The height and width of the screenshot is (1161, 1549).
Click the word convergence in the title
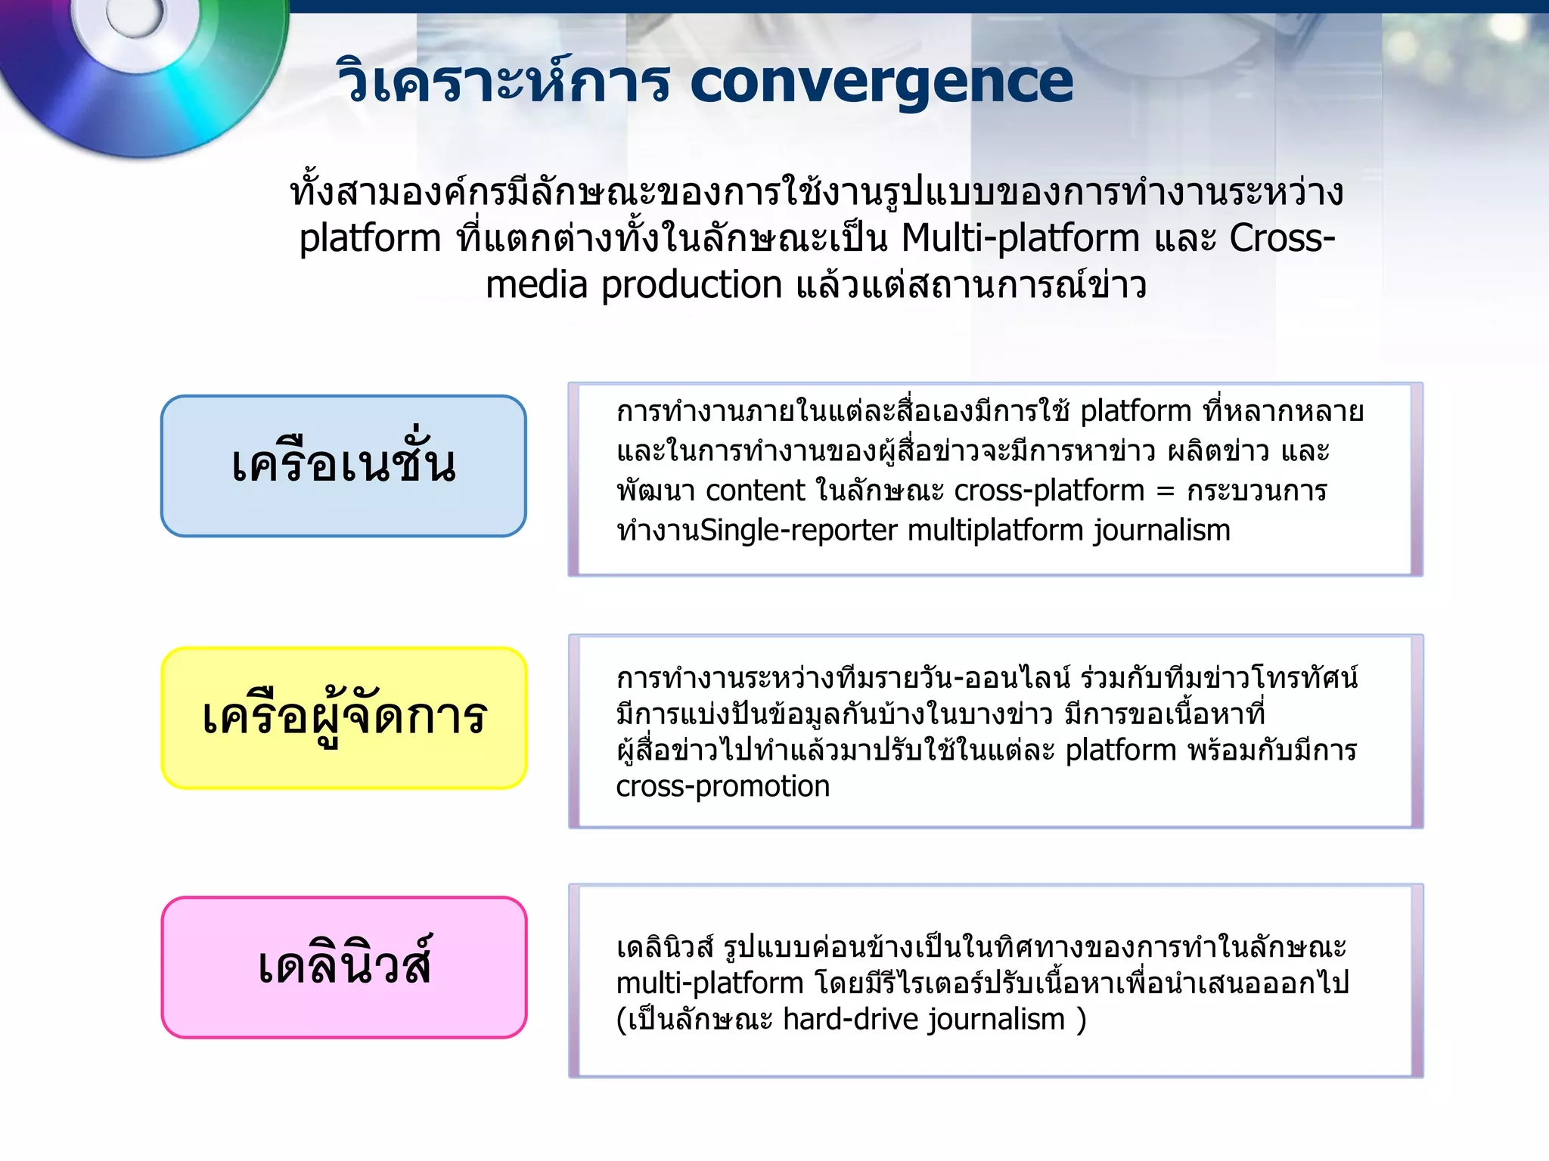881,83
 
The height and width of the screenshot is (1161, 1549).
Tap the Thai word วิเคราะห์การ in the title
503,82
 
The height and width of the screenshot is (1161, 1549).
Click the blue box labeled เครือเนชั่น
343,466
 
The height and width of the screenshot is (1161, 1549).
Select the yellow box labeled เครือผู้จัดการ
344,718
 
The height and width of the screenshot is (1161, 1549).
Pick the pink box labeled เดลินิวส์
344,967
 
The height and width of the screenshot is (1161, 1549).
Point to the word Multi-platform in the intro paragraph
1021,238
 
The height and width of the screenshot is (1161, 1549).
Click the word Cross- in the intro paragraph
1282,238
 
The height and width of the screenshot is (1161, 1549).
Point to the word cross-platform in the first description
1049,491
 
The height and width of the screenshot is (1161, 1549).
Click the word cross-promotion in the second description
723,787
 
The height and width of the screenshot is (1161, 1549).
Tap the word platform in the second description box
1120,751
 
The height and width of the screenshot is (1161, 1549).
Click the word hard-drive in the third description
851,1020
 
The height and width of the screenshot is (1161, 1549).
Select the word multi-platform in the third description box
709,983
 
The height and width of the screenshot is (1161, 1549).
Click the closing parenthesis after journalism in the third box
1082,1020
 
